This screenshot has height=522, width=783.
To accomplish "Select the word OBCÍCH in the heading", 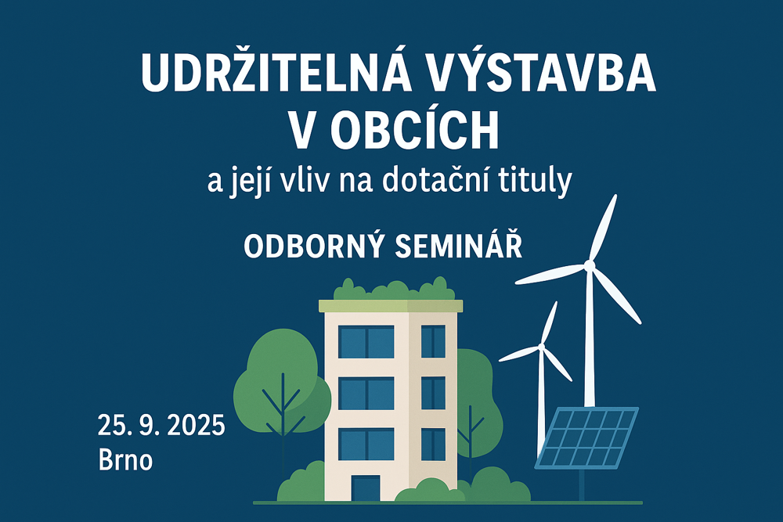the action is (x=414, y=130).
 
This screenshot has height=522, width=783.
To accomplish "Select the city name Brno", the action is (x=125, y=460).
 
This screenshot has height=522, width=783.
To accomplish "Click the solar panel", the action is (x=586, y=438).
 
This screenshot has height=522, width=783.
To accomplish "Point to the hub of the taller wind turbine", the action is (x=590, y=265).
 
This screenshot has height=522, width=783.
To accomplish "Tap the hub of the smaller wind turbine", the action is (x=541, y=346).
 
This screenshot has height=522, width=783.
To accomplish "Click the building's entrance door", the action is (x=366, y=488).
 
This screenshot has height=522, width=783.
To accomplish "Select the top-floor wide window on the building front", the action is (x=366, y=342).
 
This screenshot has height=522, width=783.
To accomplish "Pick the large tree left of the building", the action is (x=282, y=384).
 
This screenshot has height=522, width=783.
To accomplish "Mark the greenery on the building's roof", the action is (x=395, y=290).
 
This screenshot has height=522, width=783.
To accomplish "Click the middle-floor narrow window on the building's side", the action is (x=433, y=393).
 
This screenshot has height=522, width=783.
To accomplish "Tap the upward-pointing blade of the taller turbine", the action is (x=603, y=228).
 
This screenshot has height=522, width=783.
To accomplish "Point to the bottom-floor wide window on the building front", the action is (x=366, y=445).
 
